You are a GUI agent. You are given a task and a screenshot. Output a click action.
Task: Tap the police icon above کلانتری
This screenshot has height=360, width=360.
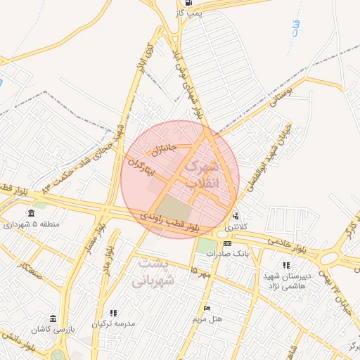pos(236,217)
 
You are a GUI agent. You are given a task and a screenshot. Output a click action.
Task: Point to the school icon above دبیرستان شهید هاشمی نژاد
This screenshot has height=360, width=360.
pos(285,265)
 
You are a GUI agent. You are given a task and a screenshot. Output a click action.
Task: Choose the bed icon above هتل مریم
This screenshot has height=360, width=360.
pos(207,308)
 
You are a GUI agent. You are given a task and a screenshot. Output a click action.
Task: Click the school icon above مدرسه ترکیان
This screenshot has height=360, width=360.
pos(113,313)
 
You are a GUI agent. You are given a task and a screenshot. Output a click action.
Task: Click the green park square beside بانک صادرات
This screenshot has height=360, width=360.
pos(207,246)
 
